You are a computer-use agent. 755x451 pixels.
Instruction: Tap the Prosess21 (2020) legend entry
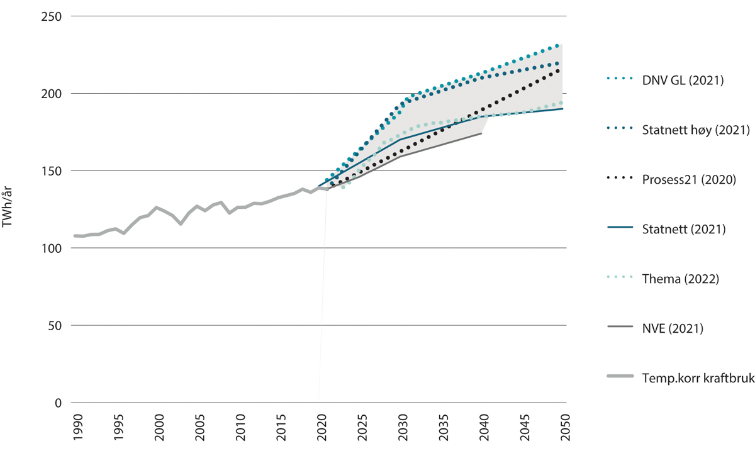pos(690,179)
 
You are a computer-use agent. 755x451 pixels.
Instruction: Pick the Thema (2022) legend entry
pos(681,279)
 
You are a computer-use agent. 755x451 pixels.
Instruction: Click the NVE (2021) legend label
pos(673,328)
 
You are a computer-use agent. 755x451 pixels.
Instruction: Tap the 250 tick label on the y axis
pos(51,16)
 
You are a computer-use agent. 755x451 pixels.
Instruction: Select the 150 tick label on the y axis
pos(51,171)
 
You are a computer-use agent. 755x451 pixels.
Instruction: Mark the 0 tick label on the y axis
pos(59,403)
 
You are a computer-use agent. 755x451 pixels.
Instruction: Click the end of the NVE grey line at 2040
pos(482,133)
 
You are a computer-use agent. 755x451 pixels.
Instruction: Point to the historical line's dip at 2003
pos(181,224)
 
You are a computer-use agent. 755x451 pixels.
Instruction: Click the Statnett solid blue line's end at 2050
pos(562,109)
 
